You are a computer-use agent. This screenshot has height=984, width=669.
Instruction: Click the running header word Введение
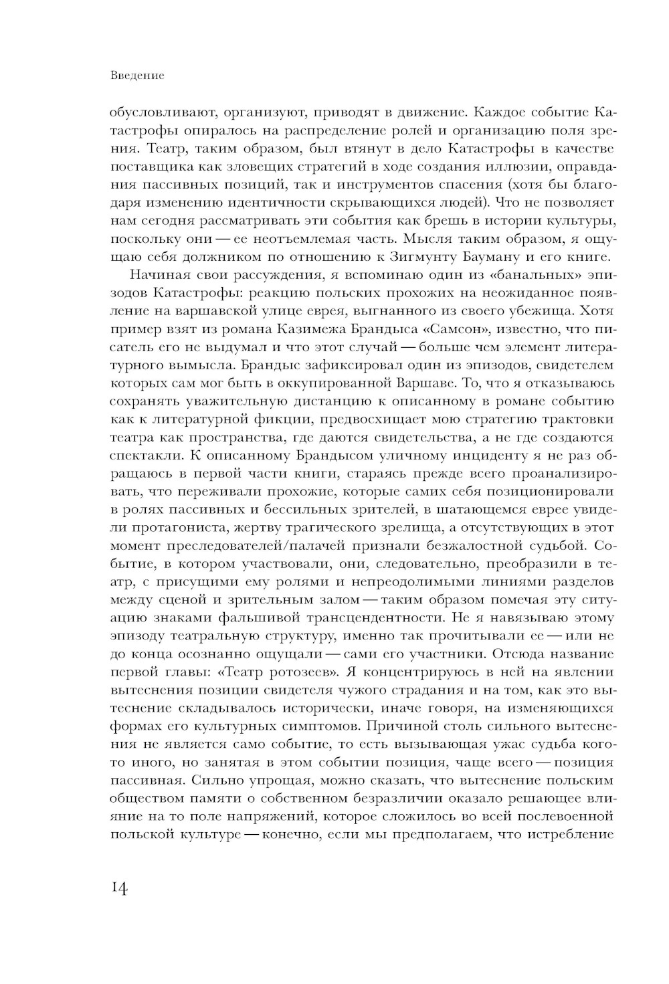pyautogui.click(x=136, y=76)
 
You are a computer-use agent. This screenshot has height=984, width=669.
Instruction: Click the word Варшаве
pyautogui.click(x=434, y=383)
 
